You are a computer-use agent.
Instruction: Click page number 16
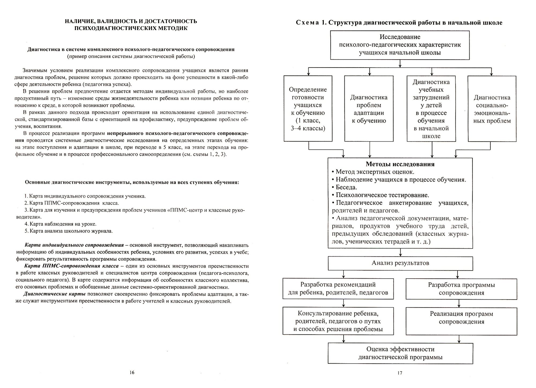tap(132, 372)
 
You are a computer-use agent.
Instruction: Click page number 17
tap(400, 373)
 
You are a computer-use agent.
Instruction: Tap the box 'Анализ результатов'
tap(400, 263)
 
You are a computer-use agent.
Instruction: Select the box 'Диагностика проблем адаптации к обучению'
tap(369, 109)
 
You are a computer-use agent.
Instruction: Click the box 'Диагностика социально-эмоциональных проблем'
tap(492, 109)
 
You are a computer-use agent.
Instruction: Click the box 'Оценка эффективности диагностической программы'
tap(400, 353)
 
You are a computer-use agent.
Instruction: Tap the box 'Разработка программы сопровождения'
tap(461, 289)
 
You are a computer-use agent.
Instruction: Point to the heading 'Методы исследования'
tap(400, 164)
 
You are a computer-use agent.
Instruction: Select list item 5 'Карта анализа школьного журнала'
tap(69, 231)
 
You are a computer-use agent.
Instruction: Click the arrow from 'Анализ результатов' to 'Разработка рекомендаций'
tap(344, 274)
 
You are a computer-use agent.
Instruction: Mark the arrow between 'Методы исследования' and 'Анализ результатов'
tap(400, 252)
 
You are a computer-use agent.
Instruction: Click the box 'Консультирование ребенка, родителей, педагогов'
tap(338, 321)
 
